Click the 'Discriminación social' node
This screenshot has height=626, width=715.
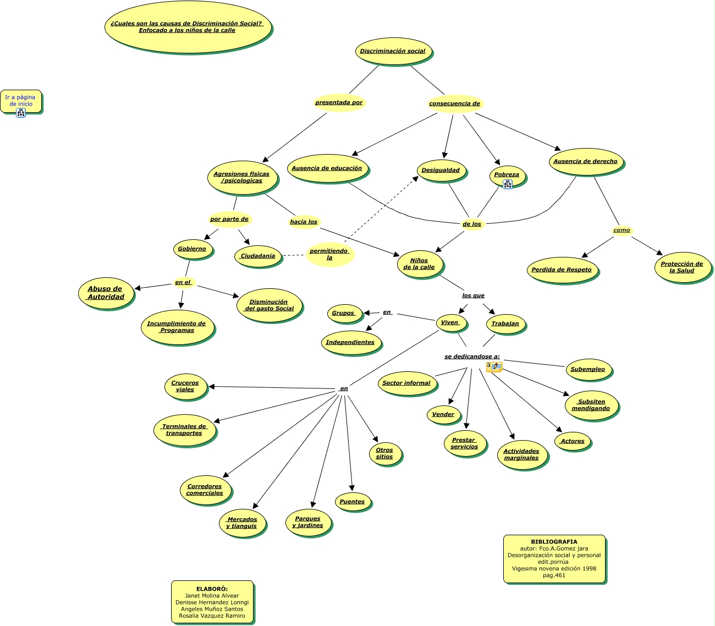(x=393, y=51)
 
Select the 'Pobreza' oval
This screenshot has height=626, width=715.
(x=507, y=175)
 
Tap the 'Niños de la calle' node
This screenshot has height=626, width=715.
(x=419, y=264)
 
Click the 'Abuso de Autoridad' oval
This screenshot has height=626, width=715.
(x=106, y=293)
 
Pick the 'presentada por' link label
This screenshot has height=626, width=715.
(x=339, y=102)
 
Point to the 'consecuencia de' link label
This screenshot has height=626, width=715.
(x=454, y=103)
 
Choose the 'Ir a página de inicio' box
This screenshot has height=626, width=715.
(x=20, y=101)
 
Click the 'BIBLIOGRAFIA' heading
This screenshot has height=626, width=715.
(x=554, y=542)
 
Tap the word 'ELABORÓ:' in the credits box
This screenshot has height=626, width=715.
(x=212, y=589)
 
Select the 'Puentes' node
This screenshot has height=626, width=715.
(x=352, y=502)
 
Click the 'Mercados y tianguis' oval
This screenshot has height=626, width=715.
(x=242, y=523)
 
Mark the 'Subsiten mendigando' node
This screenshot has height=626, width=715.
(x=591, y=405)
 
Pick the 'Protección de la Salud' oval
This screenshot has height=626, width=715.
(x=682, y=267)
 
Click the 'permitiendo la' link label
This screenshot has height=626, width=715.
(x=329, y=254)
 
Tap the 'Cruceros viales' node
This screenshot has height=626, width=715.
(x=185, y=386)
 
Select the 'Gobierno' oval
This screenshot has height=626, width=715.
(x=192, y=249)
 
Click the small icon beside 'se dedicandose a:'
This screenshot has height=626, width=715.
(x=494, y=366)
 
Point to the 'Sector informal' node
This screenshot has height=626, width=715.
(x=406, y=383)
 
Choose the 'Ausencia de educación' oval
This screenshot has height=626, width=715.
(x=327, y=168)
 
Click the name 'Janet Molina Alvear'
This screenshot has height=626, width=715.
(x=212, y=596)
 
